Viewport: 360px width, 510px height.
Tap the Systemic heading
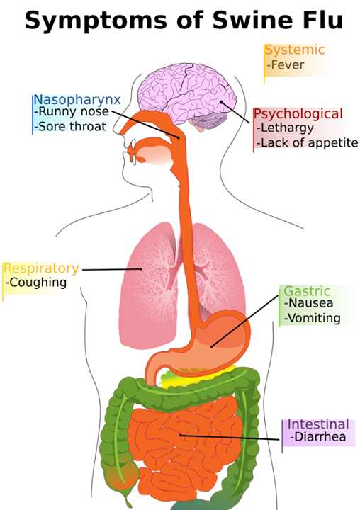[295, 50]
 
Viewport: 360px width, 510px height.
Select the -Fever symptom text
[286, 64]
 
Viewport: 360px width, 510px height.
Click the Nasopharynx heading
[77, 100]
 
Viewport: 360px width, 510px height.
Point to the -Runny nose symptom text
[72, 111]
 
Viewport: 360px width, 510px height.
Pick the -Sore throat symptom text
[70, 126]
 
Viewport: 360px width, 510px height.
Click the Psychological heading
[298, 114]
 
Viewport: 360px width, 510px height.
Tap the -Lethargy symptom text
[285, 127]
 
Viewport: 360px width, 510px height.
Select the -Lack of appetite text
[308, 142]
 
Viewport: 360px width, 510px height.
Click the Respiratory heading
[41, 269]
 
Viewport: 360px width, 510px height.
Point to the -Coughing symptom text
[36, 283]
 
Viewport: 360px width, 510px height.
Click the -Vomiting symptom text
[313, 318]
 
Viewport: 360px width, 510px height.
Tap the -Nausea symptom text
[308, 303]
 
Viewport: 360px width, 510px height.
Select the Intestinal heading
[318, 424]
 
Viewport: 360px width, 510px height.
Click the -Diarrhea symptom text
[317, 437]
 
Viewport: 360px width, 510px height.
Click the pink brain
[187, 94]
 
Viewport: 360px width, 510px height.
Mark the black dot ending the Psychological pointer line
[221, 102]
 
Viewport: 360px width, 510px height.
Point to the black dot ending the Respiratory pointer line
[141, 269]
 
